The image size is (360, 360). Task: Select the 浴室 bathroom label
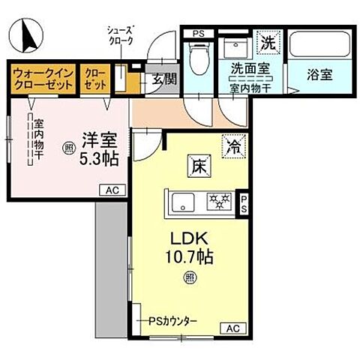[x=319, y=74]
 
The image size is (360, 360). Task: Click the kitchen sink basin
[x=182, y=201]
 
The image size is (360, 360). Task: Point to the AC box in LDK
[x=232, y=328]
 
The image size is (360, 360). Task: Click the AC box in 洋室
[x=111, y=190]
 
